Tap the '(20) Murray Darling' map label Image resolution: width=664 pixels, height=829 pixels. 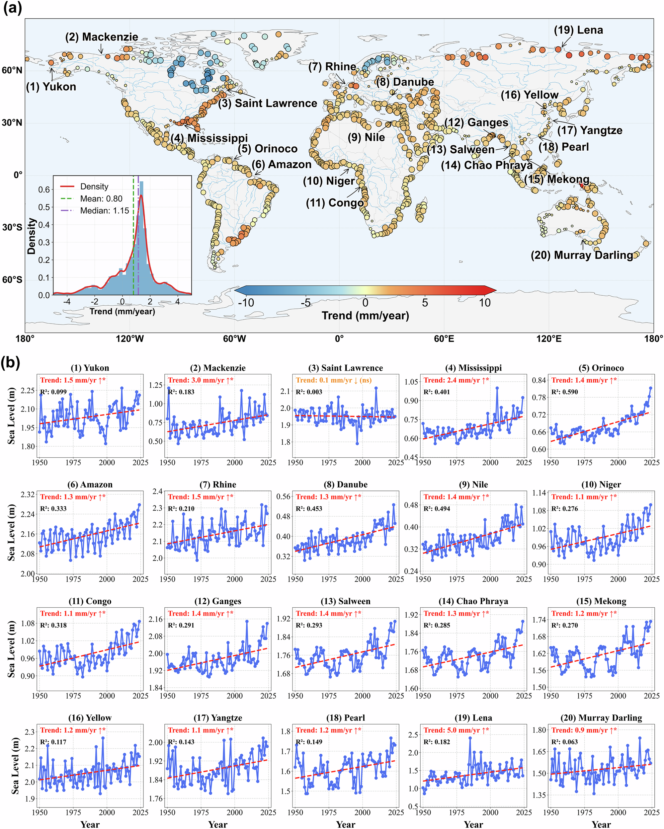click(582, 255)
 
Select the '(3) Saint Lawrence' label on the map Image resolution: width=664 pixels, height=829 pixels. click(268, 103)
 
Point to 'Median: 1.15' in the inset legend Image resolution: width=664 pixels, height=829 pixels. click(104, 211)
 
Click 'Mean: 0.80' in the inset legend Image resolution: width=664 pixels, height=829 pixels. click(101, 199)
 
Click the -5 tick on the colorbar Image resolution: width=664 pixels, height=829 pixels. click(305, 303)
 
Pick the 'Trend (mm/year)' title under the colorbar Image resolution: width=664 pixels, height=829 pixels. click(365, 316)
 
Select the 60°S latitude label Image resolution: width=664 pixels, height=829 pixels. click(12, 279)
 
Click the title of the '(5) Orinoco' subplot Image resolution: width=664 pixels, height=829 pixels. click(601, 368)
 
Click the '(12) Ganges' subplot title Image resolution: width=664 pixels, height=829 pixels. click(218, 601)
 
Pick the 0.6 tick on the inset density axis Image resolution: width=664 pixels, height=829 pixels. click(44, 189)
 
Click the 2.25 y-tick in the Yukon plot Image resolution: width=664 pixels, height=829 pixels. click(27, 391)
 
